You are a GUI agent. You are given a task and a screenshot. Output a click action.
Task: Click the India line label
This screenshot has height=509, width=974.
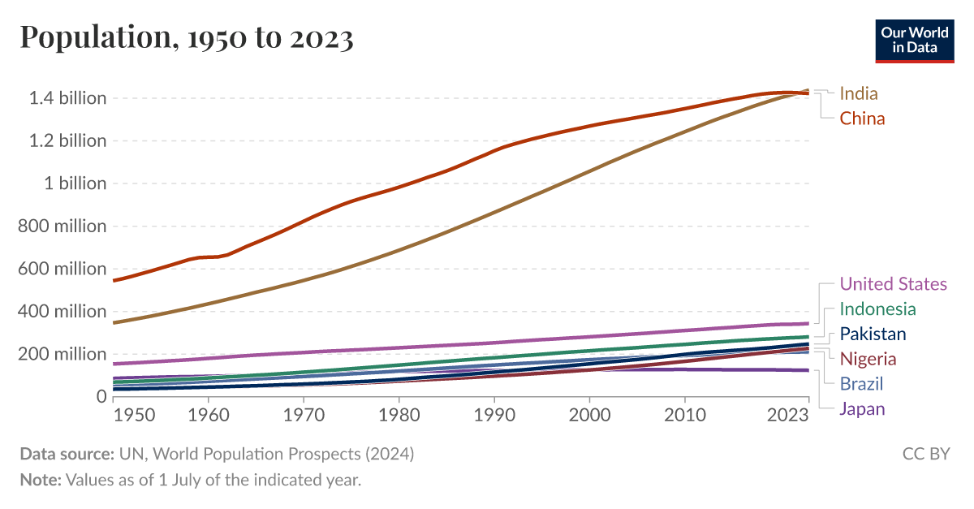[859, 93]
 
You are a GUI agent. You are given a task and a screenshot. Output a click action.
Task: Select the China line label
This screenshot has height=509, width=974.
[862, 119]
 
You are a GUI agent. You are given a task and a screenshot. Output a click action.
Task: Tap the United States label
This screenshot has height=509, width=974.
[893, 283]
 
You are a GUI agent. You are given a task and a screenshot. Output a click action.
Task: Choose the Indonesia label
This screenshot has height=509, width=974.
[877, 308]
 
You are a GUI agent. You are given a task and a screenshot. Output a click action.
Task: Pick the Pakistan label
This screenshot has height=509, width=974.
[873, 334]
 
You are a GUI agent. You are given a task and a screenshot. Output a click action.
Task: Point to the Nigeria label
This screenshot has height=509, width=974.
[868, 359]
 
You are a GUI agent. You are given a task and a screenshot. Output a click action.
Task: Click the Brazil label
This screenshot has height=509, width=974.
[861, 384]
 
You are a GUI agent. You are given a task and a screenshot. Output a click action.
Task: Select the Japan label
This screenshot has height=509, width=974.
[862, 409]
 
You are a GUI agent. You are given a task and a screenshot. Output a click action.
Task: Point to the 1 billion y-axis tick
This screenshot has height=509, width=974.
[73, 183]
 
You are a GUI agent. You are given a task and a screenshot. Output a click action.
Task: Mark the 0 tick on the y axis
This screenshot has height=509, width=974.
[101, 396]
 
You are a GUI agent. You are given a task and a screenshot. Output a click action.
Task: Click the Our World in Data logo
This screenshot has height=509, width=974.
[914, 38]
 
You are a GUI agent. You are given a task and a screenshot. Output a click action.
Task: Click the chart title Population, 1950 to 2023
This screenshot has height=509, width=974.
[187, 38]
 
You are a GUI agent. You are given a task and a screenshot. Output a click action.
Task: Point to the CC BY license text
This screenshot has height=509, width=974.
[925, 454]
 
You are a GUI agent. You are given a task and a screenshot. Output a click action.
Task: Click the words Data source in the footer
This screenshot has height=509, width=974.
[67, 454]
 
